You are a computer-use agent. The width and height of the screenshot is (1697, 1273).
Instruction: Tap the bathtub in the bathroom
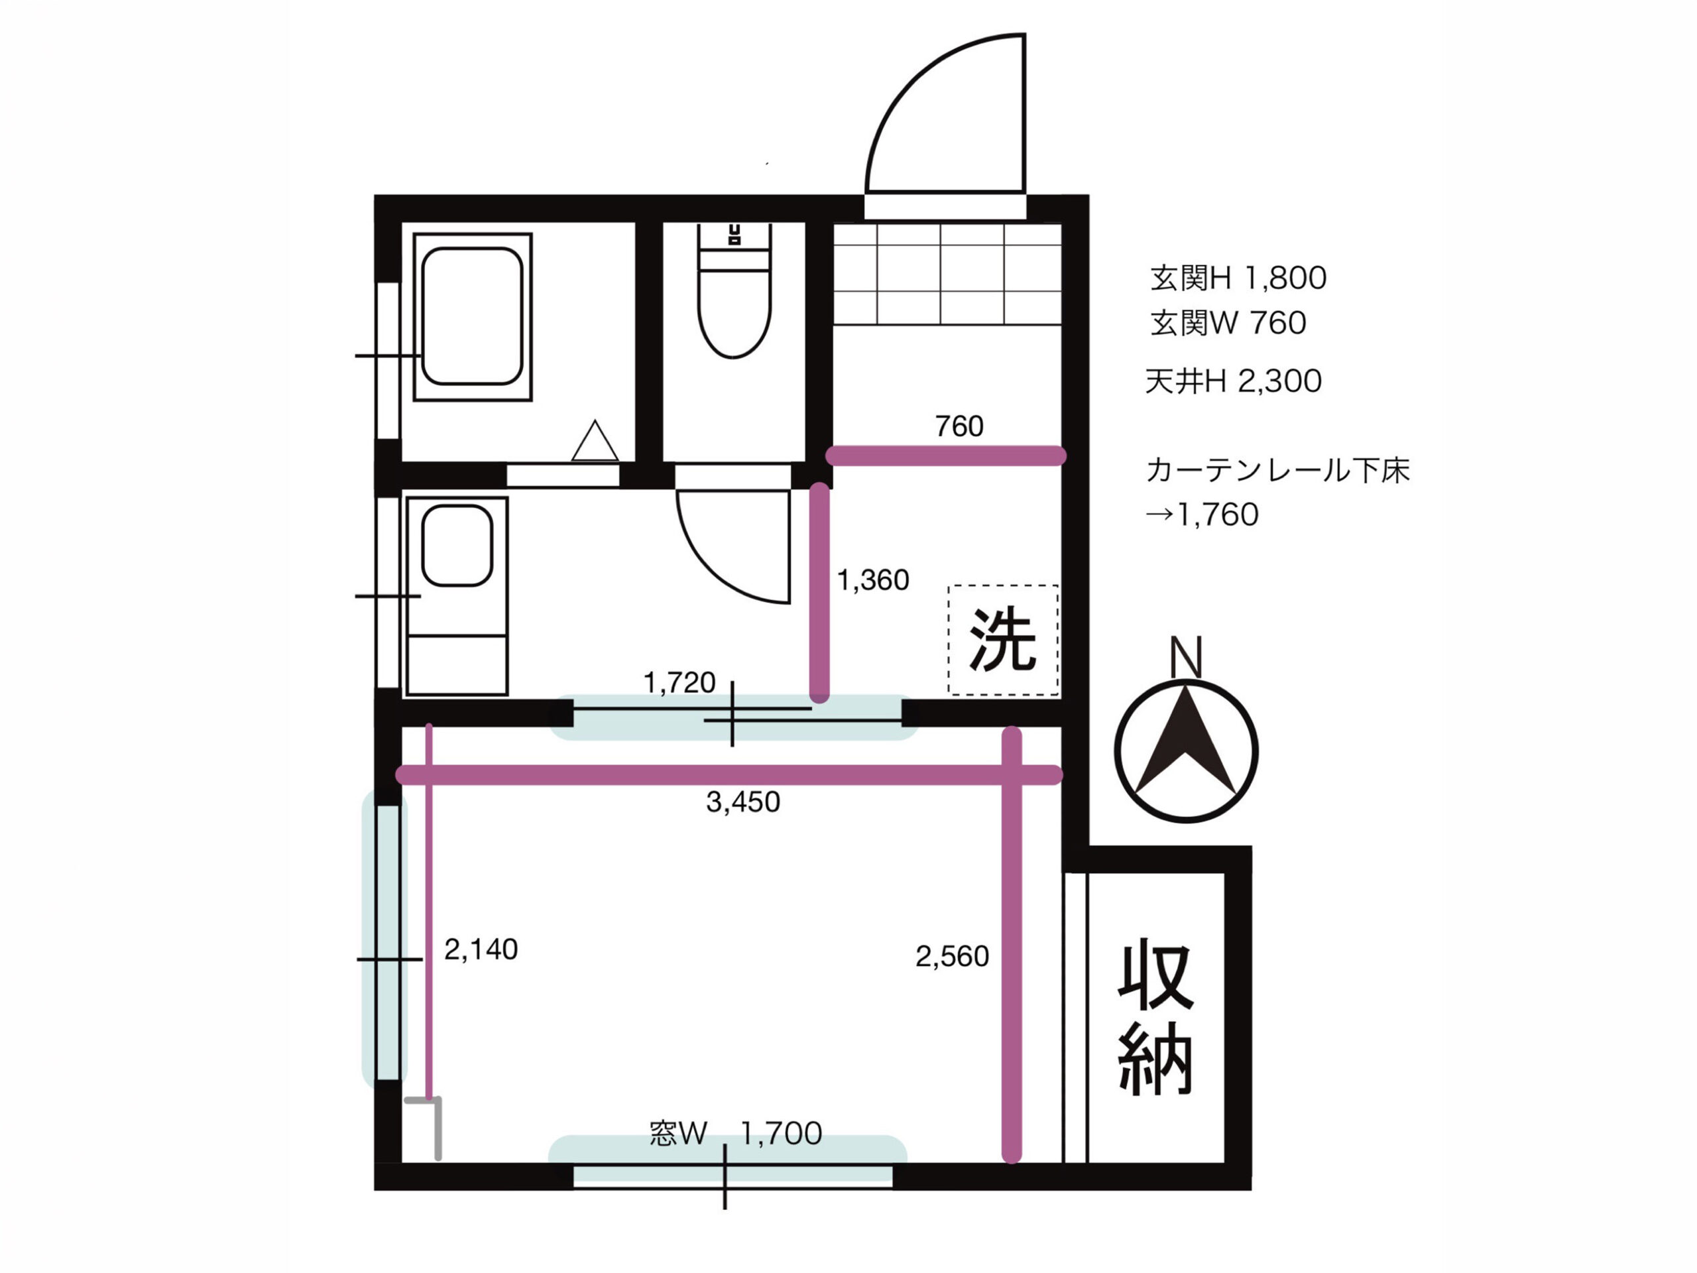(472, 316)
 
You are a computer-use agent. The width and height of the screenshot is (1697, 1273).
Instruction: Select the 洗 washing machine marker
(1003, 639)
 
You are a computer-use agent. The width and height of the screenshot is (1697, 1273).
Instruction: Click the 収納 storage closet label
(1155, 1016)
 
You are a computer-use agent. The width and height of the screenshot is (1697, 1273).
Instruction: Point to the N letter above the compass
(1185, 658)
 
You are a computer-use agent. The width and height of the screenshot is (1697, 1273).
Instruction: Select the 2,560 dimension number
(952, 957)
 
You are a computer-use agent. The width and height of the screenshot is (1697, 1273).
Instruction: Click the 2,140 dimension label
(481, 950)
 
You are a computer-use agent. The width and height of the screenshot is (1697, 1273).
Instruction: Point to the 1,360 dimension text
(872, 580)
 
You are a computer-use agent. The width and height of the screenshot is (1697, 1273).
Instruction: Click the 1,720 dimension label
(679, 682)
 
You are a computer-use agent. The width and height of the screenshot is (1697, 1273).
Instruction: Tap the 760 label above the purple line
(959, 426)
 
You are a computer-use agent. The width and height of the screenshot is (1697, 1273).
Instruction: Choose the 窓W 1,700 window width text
(735, 1133)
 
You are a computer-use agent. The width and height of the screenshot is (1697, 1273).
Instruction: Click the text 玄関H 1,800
(1238, 278)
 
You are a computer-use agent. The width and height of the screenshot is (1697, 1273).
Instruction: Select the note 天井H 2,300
(1233, 381)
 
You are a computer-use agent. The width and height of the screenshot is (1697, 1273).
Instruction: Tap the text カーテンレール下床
(1277, 470)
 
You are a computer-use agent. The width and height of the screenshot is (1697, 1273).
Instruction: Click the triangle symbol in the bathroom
(595, 443)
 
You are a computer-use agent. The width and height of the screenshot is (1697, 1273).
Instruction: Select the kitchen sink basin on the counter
(457, 545)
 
